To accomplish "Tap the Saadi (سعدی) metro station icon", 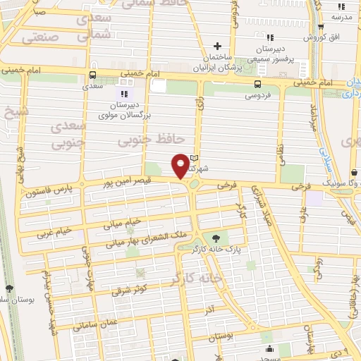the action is [92, 75].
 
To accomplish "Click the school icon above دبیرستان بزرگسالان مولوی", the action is [124, 93].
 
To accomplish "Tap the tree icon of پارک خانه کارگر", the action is [215, 238].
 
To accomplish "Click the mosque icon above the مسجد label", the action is [269, 348].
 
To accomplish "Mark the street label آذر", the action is [209, 310].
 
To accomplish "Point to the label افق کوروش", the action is [318, 36].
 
